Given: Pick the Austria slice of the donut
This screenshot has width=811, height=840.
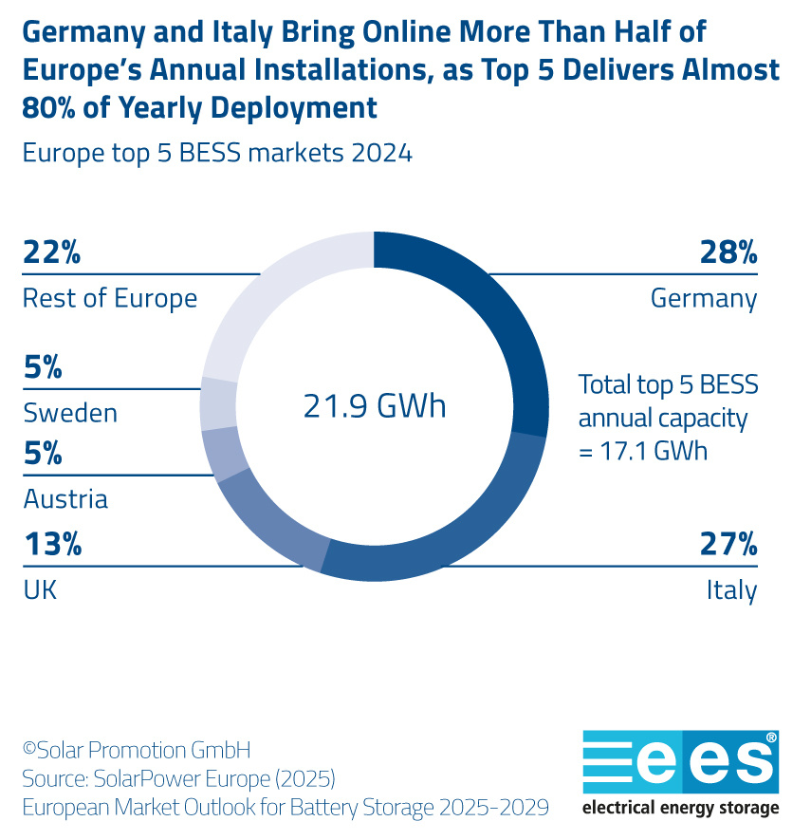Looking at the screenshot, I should click(225, 455).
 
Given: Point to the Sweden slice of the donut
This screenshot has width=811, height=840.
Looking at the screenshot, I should click(217, 404).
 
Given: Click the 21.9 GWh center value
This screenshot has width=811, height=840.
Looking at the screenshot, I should click(375, 406).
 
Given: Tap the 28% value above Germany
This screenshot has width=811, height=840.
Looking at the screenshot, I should click(728, 252).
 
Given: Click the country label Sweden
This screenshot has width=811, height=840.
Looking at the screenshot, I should click(70, 414).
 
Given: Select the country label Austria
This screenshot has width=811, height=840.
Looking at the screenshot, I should click(65, 499).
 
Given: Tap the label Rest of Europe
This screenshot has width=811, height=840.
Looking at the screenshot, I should click(110, 298).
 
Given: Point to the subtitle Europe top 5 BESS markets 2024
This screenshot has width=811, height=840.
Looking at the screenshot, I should click(217, 153).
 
